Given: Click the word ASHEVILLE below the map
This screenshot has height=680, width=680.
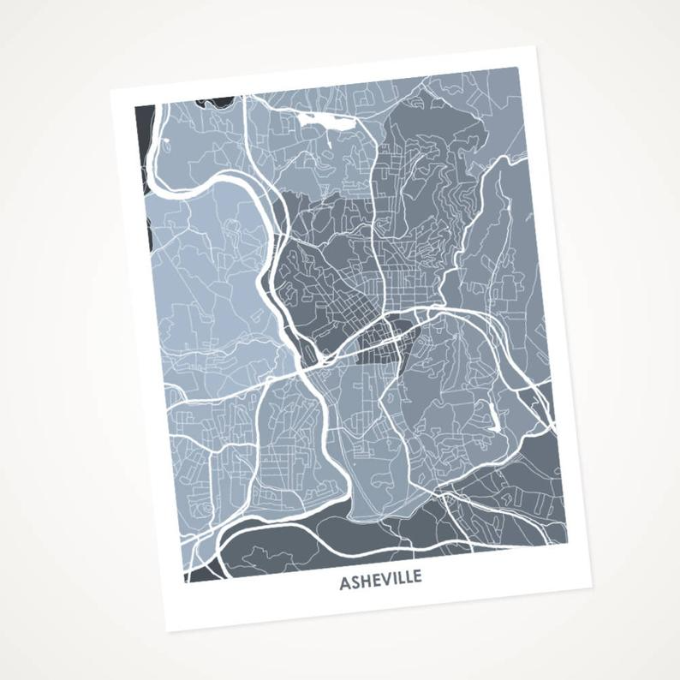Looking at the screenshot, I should [x=380, y=581].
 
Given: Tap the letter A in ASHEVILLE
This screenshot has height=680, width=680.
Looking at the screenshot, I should [x=345, y=585].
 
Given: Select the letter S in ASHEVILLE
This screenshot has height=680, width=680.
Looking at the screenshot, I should [x=355, y=583].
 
